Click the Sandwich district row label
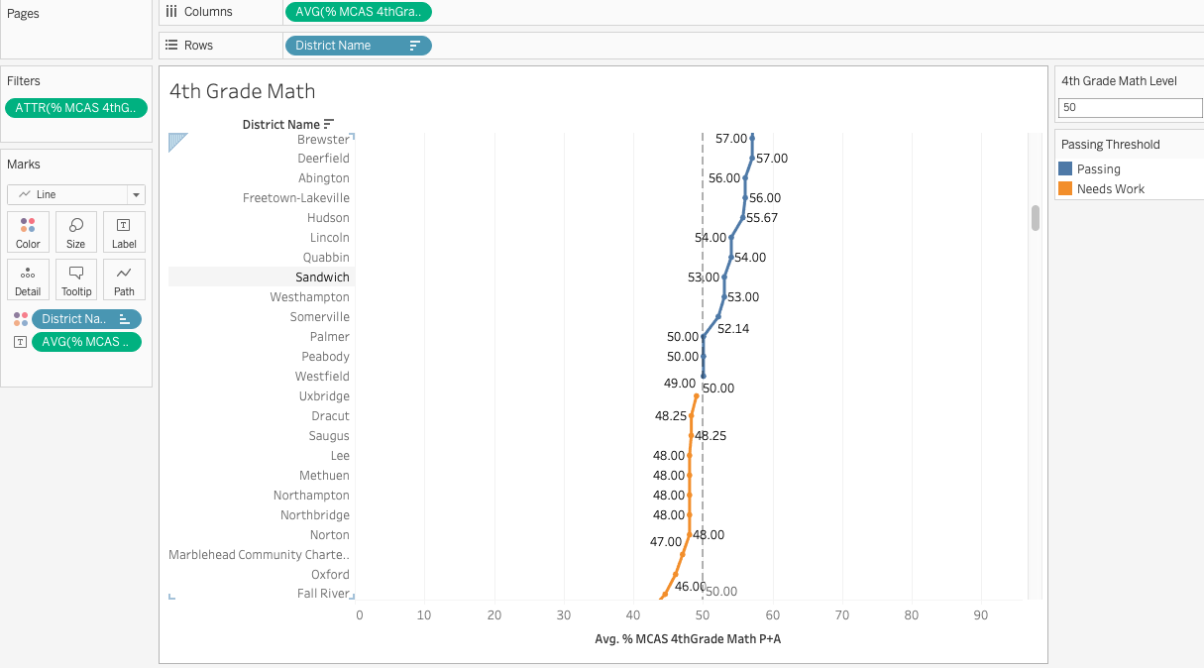click(322, 278)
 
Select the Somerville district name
click(319, 317)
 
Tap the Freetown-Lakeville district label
click(295, 198)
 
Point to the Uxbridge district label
click(324, 396)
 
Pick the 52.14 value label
click(733, 328)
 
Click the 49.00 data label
click(679, 384)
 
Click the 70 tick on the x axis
click(842, 615)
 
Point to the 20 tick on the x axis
click(494, 615)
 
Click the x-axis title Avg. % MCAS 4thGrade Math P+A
click(688, 639)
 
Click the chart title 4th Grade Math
click(242, 91)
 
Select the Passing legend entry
click(1098, 169)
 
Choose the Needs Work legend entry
click(1110, 189)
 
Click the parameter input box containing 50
click(1130, 107)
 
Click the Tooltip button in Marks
click(76, 279)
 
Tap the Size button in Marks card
click(76, 232)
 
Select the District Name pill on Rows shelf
click(358, 46)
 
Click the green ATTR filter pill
click(76, 108)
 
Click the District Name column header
click(280, 125)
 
